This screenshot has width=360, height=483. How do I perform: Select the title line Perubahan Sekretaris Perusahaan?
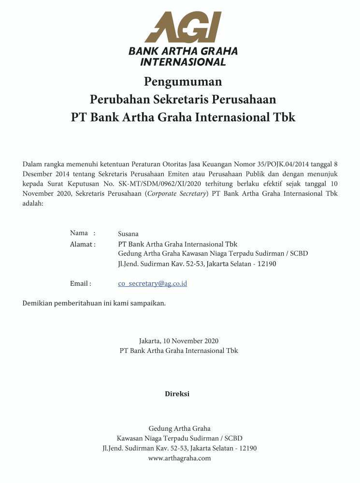pos(183,99)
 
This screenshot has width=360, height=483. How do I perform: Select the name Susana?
pos(128,234)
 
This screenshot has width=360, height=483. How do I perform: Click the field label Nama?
pos(79,233)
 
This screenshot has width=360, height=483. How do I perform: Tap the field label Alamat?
pos(82,244)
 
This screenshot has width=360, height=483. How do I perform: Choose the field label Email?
pos(80,283)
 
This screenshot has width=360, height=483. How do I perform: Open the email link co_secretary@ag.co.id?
pos(152,284)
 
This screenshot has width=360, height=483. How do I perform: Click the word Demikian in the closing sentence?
pos(37,303)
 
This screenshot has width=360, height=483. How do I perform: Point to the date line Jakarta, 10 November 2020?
pos(179,341)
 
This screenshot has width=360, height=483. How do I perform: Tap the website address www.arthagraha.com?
pos(179,458)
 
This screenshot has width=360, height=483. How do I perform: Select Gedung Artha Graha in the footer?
pos(179,428)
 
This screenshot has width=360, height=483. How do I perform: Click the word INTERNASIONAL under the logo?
pos(183,62)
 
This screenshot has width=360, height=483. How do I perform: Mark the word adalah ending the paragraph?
pos(33,204)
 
